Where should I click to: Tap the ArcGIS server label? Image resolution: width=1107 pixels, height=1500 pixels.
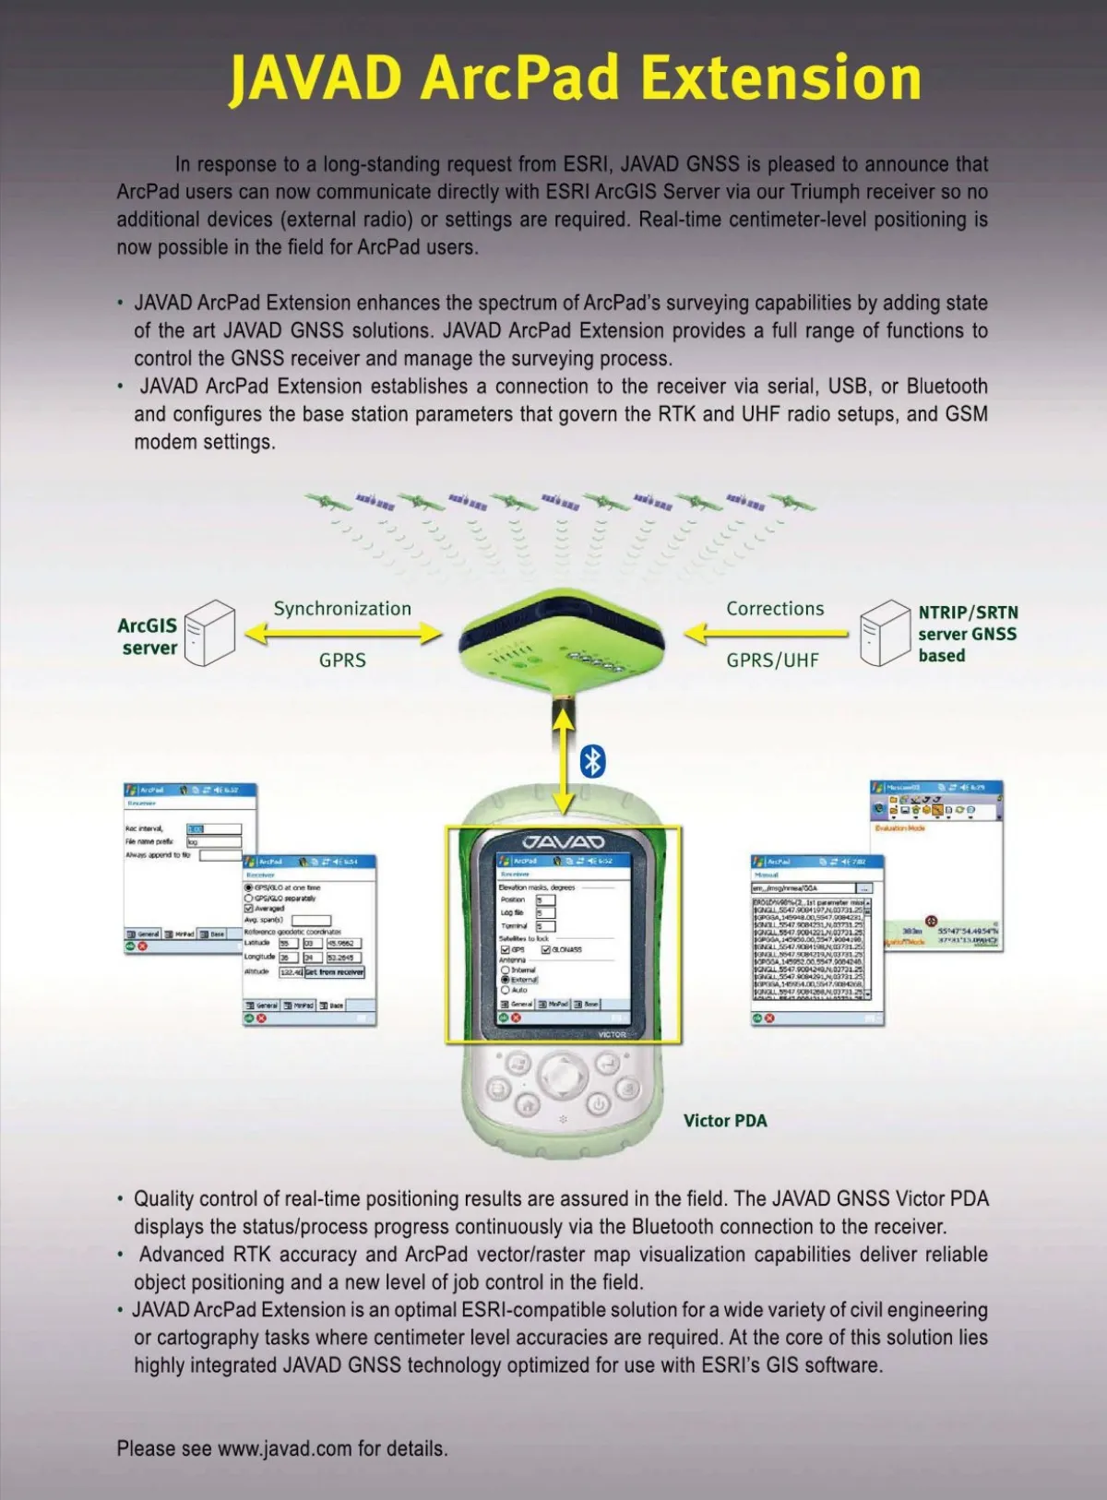coord(149,637)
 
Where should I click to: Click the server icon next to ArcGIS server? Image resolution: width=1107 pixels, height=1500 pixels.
coord(208,632)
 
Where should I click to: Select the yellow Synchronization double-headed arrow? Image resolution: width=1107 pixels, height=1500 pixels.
coord(343,634)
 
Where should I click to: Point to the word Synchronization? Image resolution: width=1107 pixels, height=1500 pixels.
coord(342,609)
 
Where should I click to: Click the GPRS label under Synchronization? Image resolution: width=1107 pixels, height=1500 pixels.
coord(342,661)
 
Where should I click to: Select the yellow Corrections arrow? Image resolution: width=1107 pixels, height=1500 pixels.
coord(766,634)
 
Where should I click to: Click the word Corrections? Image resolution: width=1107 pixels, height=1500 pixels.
coord(775,609)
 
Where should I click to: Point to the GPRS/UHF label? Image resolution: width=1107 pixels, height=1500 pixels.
coord(772,661)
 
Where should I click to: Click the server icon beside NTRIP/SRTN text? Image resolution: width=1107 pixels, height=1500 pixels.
coord(885,632)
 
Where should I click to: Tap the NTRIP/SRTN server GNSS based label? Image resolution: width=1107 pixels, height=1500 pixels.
coord(967,634)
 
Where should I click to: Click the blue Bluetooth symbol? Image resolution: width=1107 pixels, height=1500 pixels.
coord(592,762)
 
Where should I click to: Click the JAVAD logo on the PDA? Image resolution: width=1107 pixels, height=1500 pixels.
coord(563,841)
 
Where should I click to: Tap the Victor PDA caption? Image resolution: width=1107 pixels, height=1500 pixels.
coord(725,1121)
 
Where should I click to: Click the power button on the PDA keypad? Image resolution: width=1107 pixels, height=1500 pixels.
coord(599,1104)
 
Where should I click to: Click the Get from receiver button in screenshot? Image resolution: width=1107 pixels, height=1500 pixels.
coord(335,972)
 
